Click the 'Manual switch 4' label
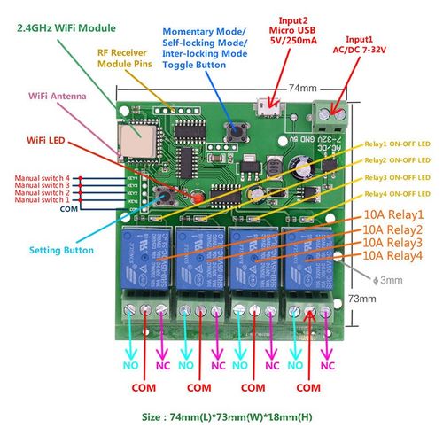(x=42, y=178)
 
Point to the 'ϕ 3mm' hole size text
(x=391, y=282)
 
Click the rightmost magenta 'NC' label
(x=327, y=364)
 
